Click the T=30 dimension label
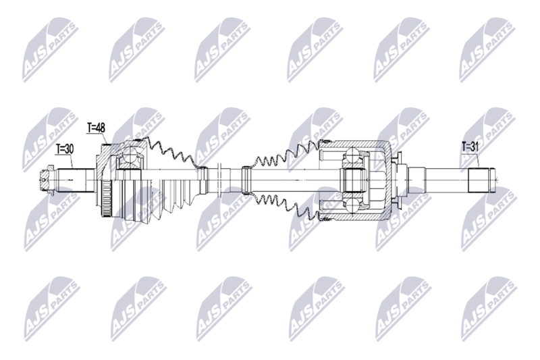click(x=65, y=149)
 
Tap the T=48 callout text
click(x=96, y=128)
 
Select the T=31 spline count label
click(x=470, y=147)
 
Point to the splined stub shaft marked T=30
click(x=76, y=180)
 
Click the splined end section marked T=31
click(x=481, y=180)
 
